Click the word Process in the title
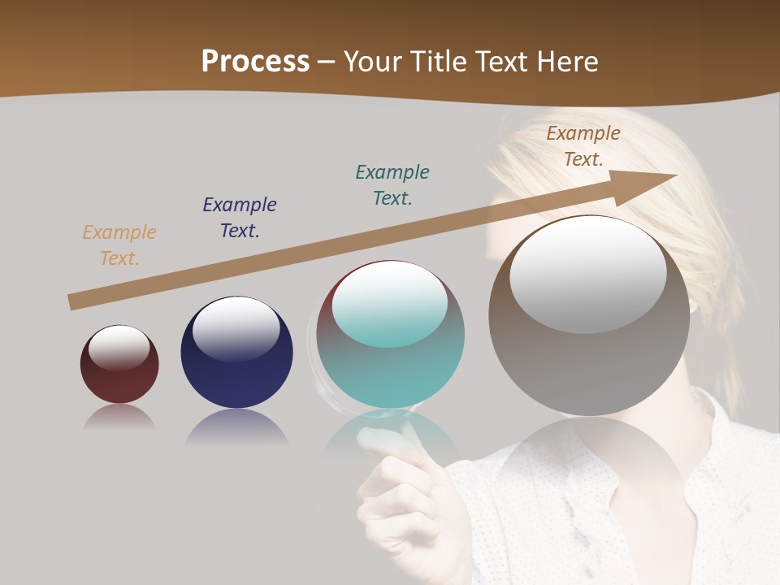tap(255, 62)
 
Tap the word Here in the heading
tap(564, 62)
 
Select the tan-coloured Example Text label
tap(119, 245)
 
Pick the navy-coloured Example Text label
tap(240, 218)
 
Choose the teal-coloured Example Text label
tap(392, 185)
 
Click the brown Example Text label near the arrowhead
tap(583, 146)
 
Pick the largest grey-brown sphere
tap(589, 357)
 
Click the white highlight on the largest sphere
tap(588, 275)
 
